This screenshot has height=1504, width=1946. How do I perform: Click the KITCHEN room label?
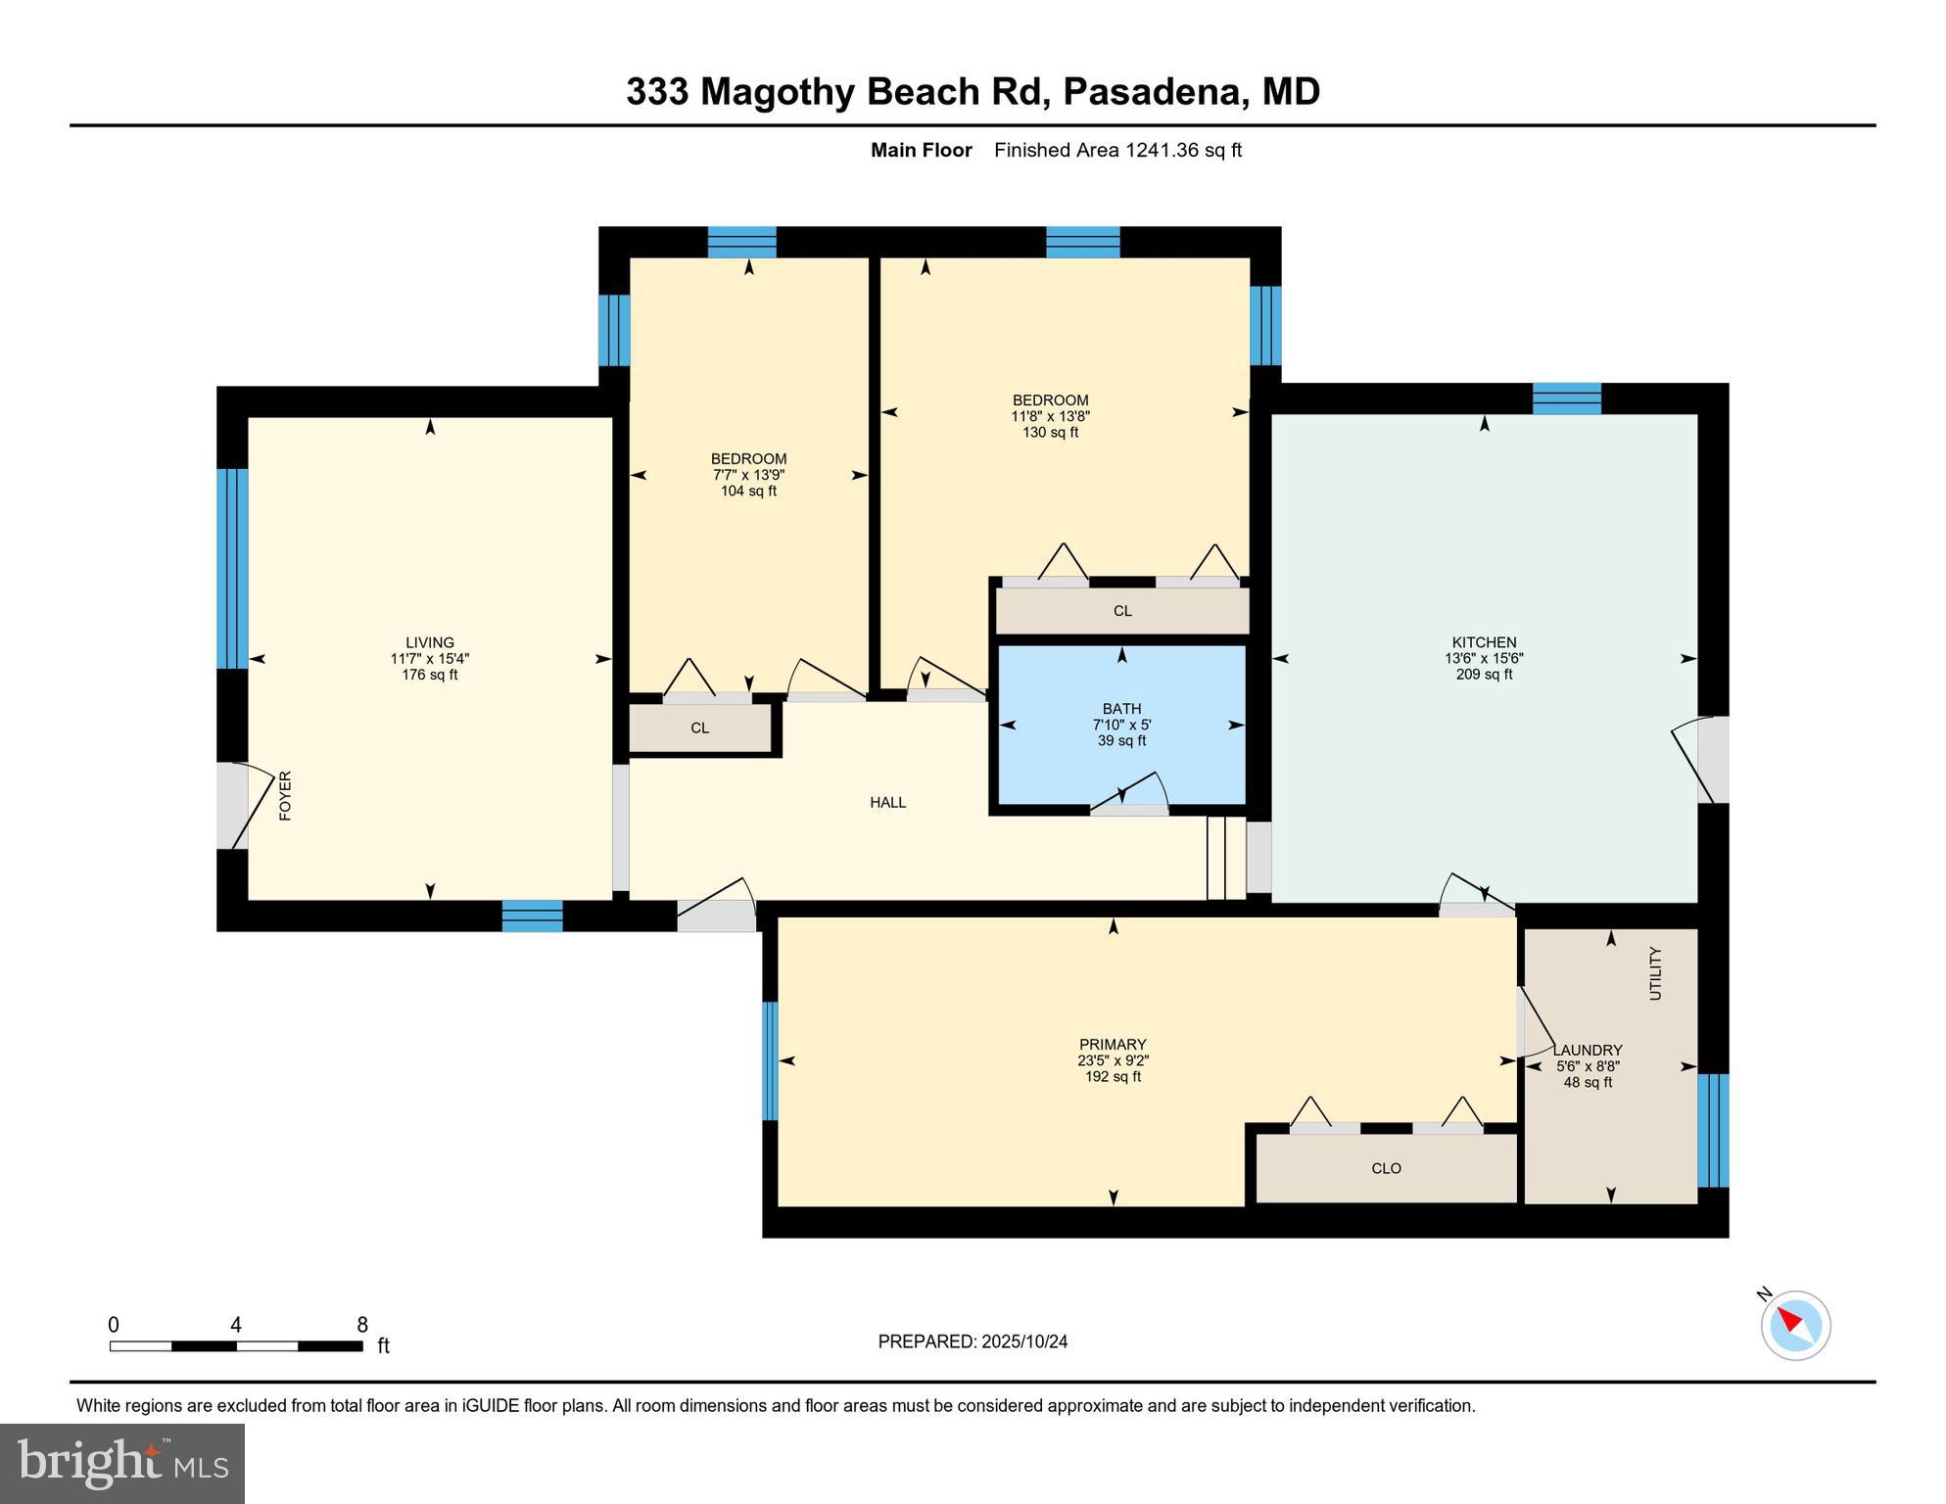[1484, 642]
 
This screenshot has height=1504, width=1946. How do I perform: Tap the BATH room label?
[1121, 708]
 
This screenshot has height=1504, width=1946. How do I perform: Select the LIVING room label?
[429, 642]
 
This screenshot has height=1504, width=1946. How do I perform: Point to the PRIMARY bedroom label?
[1112, 1044]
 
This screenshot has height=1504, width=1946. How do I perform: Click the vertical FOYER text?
[285, 795]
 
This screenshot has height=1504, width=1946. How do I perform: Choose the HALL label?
[887, 802]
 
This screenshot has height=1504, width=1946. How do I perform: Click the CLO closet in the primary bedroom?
[1385, 1168]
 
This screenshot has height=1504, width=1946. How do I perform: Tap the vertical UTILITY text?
[1655, 972]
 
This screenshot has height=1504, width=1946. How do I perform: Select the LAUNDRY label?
[1588, 1050]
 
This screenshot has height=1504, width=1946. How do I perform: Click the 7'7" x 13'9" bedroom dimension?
[748, 475]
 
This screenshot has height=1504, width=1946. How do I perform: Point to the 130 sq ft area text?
[1050, 432]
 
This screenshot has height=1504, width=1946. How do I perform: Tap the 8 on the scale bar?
[361, 1325]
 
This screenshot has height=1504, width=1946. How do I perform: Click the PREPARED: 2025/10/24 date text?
[972, 1341]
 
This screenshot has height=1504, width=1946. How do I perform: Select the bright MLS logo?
[122, 1463]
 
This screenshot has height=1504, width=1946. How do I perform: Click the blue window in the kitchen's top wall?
[1566, 399]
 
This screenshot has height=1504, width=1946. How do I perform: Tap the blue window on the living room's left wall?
[232, 568]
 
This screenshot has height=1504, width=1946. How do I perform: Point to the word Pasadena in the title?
[1152, 91]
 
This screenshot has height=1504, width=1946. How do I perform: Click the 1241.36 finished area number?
[1162, 150]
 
